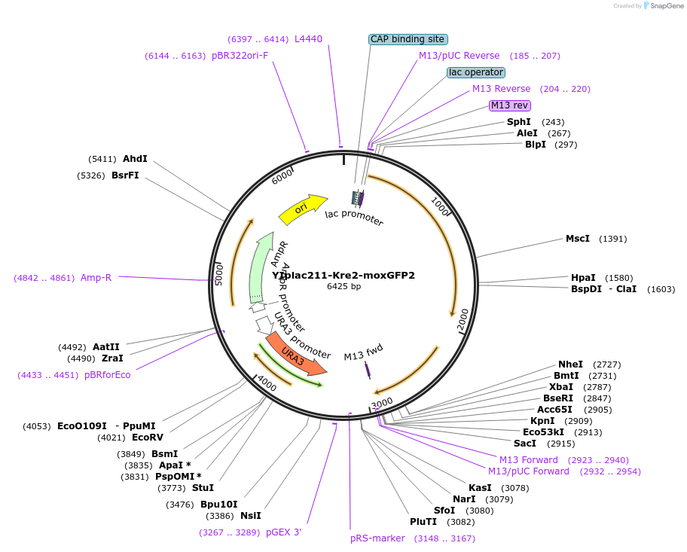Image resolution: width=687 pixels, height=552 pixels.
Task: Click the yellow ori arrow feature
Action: [x=301, y=210]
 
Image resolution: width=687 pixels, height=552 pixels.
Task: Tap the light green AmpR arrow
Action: [x=261, y=267]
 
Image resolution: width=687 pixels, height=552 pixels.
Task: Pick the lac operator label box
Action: [x=475, y=72]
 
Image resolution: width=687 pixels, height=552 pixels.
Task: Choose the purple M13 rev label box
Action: [x=510, y=105]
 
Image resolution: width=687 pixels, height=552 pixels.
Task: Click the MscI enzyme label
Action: [x=578, y=239]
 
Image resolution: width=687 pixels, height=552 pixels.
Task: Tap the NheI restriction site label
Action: [x=570, y=364]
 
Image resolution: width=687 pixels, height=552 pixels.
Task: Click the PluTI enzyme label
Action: [x=423, y=522]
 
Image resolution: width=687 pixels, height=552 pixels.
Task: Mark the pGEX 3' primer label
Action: [x=283, y=532]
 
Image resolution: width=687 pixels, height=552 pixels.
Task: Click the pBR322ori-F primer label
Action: [x=240, y=56]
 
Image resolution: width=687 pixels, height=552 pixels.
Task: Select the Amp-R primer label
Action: [x=96, y=278]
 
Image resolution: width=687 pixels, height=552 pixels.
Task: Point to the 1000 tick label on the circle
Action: [x=440, y=206]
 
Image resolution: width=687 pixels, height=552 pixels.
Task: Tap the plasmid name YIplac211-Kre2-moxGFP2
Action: [x=343, y=275]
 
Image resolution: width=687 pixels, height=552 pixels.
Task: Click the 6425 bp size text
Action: [x=343, y=286]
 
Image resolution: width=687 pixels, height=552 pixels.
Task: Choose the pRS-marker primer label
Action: [x=377, y=538]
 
